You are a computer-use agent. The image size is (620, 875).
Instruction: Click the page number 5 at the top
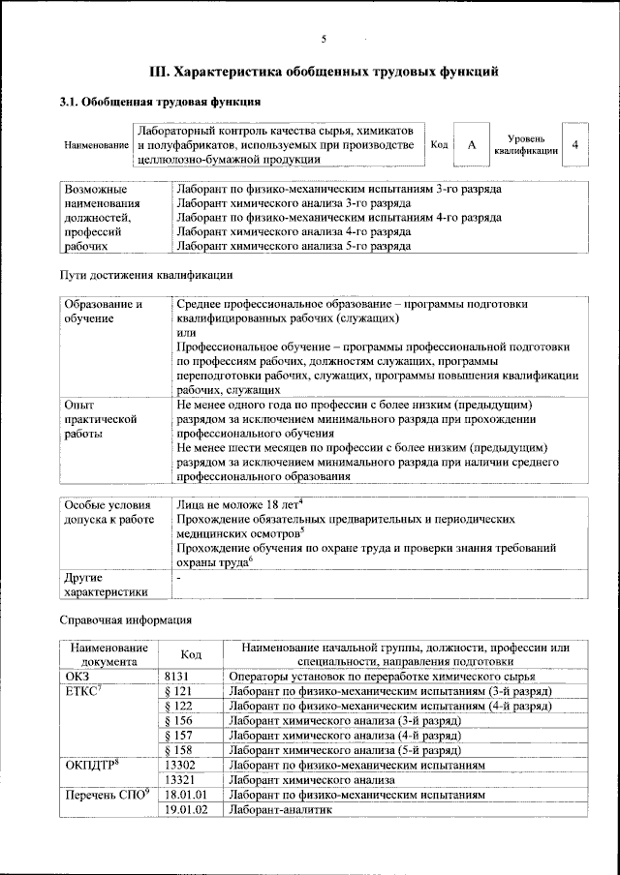(324, 38)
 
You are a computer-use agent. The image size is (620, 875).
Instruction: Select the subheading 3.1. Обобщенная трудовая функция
(160, 102)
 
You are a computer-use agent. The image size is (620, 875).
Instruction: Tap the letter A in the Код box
(471, 145)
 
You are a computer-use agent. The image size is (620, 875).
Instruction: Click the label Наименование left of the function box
(97, 145)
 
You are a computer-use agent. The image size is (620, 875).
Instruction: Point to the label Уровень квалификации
(526, 145)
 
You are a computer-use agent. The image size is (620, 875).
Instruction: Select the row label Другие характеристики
(106, 584)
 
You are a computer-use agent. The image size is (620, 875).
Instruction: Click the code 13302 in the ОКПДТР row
(181, 765)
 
